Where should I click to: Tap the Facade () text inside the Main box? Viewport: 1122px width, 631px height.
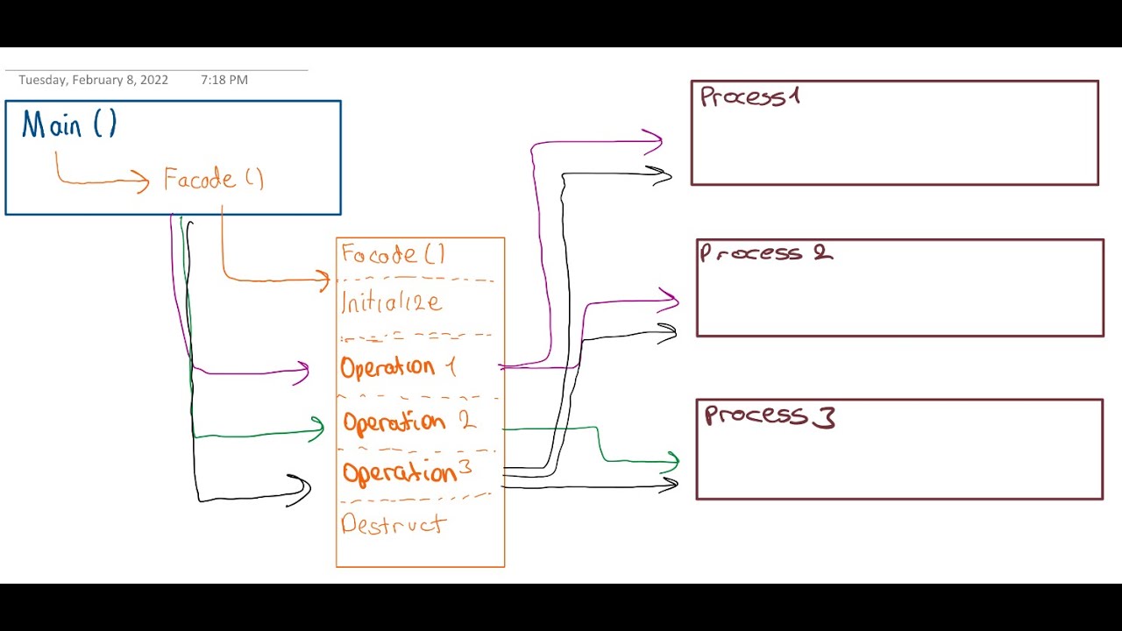(213, 180)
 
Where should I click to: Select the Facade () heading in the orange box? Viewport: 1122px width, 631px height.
(394, 255)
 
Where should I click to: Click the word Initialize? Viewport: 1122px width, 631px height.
(391, 303)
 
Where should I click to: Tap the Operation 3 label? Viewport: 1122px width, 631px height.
(407, 472)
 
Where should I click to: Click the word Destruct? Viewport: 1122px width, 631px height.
(394, 524)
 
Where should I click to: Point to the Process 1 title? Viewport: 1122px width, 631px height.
(749, 96)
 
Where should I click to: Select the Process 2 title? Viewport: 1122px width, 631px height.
(765, 253)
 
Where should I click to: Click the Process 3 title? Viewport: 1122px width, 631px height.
(770, 415)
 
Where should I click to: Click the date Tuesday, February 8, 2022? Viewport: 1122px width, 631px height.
(93, 80)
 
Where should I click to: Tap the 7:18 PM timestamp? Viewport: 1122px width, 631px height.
(224, 80)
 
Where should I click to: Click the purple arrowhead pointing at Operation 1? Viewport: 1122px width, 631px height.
(303, 372)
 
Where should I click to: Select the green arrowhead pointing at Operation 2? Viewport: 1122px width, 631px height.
(318, 429)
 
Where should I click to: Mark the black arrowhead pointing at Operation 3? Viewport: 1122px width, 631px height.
(303, 490)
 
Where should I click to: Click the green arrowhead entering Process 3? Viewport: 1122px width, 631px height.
(673, 460)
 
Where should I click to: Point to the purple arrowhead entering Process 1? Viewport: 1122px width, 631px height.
(656, 139)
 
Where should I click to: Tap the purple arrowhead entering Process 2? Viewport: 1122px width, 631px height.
(672, 301)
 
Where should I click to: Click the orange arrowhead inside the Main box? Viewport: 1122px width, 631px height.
(143, 181)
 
